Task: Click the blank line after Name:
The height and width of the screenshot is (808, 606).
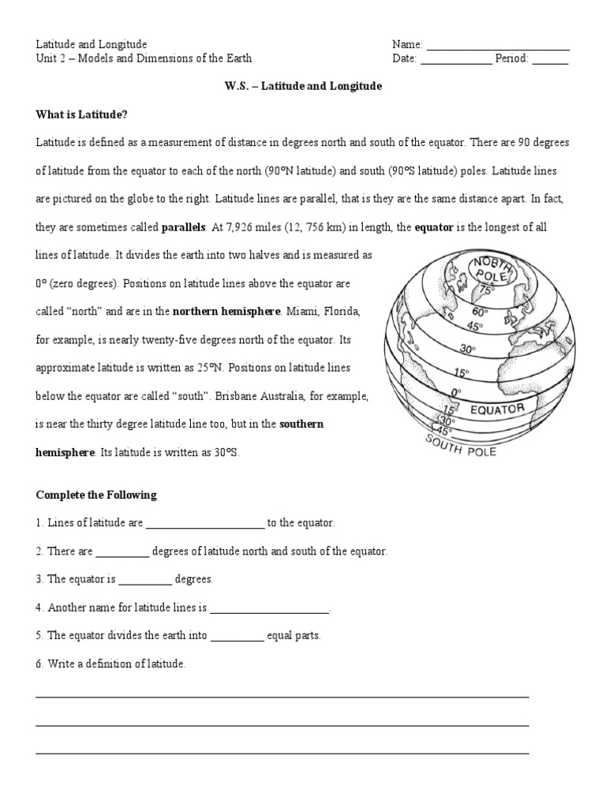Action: point(497,46)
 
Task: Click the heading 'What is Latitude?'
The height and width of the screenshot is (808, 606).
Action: point(81,114)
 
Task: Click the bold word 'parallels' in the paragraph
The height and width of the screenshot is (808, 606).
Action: point(183,228)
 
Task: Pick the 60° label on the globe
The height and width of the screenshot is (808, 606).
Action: point(481,312)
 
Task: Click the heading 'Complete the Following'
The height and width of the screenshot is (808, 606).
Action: point(96,495)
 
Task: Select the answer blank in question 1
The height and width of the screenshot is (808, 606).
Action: point(205,524)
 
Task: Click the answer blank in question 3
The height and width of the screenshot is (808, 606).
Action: point(144,580)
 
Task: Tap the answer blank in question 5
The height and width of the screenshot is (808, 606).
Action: point(238,636)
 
